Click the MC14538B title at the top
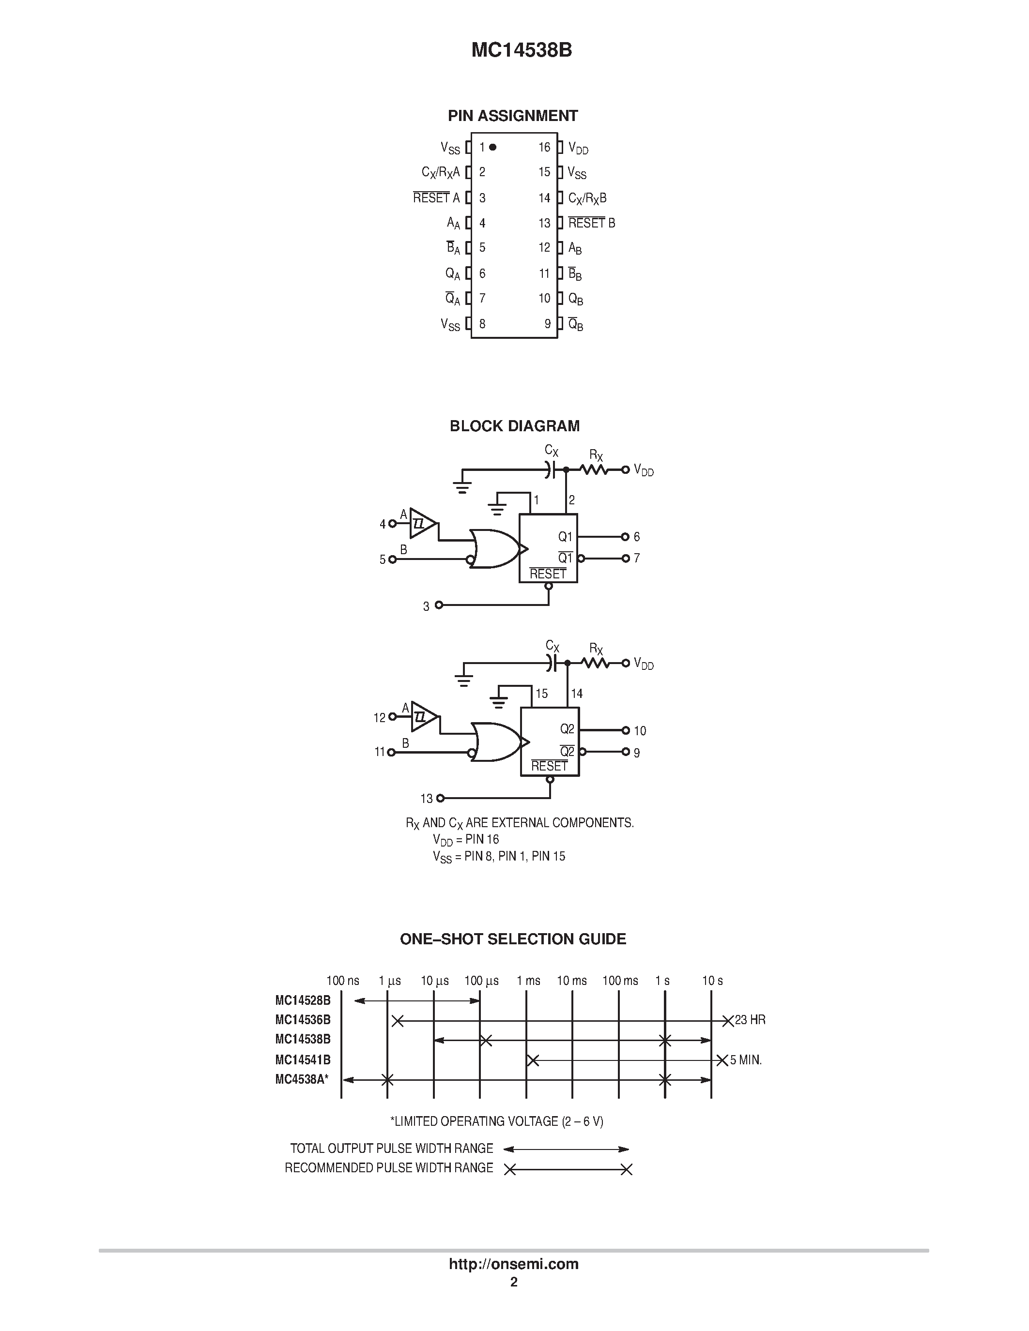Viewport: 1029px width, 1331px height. point(521,50)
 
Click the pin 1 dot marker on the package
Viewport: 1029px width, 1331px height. point(492,147)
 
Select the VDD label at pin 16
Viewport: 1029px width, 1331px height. point(578,148)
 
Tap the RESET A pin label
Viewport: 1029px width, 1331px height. point(436,197)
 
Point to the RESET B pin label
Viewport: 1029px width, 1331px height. point(591,223)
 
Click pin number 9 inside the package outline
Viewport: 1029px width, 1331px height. point(547,324)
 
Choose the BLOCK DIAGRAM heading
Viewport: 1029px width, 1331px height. point(514,426)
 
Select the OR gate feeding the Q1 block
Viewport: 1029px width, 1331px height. point(494,548)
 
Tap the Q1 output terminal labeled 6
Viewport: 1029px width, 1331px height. point(625,537)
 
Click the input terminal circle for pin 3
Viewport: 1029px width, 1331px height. point(439,605)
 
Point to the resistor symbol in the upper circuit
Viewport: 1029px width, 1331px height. point(593,470)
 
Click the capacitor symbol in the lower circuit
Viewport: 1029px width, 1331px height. point(552,663)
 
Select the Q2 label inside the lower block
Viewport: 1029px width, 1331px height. point(567,729)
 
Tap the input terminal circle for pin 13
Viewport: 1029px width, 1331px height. point(440,798)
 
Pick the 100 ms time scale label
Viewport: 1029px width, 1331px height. point(620,981)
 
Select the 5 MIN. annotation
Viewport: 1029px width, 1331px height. point(746,1060)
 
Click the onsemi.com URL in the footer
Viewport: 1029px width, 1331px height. point(513,1264)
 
